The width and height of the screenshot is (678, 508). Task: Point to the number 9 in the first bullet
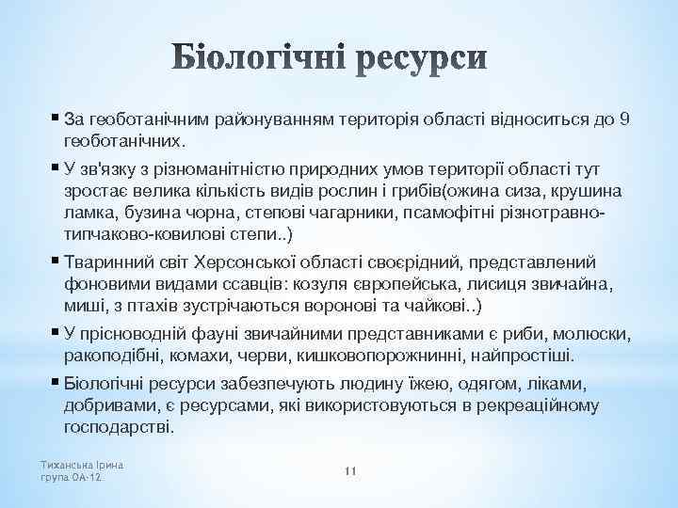[x=626, y=119]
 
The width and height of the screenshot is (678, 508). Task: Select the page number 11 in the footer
[x=348, y=470]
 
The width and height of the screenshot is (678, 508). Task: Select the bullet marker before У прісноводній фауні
[x=54, y=333]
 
